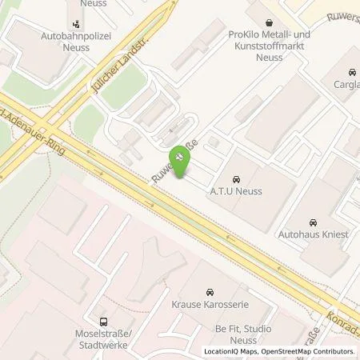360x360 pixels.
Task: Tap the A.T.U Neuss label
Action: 236,192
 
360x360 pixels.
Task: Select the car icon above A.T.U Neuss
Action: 236,179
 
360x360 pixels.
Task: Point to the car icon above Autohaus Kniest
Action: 314,222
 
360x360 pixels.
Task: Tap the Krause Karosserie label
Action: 210,304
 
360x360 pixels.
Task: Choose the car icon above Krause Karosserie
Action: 210,291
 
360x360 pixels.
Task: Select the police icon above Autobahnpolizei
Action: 75,24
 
